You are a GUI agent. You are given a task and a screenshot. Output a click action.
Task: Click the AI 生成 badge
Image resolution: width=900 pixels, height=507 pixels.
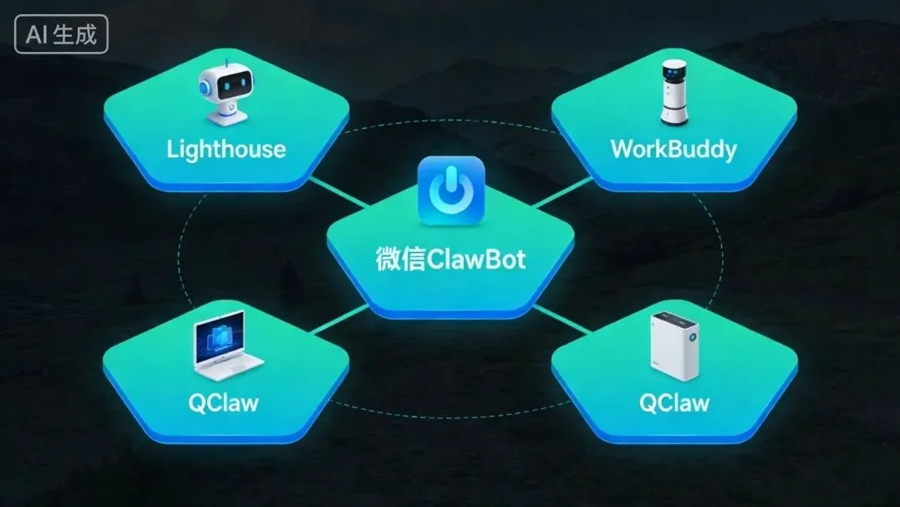[x=61, y=35]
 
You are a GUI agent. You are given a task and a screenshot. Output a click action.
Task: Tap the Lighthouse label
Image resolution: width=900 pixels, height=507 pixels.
[x=226, y=150]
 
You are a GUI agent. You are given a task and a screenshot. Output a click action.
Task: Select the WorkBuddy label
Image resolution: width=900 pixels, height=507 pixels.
[x=674, y=150]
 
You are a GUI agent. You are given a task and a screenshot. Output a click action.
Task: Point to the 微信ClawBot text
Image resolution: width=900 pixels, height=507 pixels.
[x=450, y=259]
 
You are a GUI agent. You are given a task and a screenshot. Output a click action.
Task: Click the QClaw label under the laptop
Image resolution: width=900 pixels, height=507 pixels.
[x=223, y=402]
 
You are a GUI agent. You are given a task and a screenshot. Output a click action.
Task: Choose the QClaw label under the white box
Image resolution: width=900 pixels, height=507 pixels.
[x=674, y=402]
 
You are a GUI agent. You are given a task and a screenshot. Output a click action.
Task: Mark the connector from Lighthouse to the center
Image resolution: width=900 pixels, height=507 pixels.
[x=338, y=192]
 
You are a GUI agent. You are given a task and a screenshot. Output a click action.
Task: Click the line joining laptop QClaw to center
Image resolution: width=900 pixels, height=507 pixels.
[x=339, y=319]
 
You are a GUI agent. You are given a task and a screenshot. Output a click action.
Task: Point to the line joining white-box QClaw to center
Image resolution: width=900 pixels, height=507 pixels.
[x=562, y=318]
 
